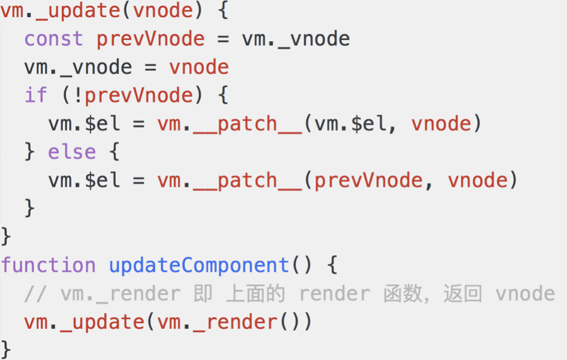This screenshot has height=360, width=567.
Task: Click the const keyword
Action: [53, 39]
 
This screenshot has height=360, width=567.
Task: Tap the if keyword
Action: [36, 95]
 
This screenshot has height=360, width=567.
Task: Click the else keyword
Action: [72, 152]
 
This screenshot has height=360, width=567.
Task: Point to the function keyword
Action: [48, 265]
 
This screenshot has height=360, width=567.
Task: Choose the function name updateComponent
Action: [199, 265]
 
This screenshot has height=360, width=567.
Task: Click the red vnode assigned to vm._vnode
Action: [199, 67]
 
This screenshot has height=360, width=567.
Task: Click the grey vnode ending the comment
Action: [525, 294]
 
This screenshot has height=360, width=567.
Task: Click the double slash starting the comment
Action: [36, 294]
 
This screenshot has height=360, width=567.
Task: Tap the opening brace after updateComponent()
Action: [332, 265]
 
